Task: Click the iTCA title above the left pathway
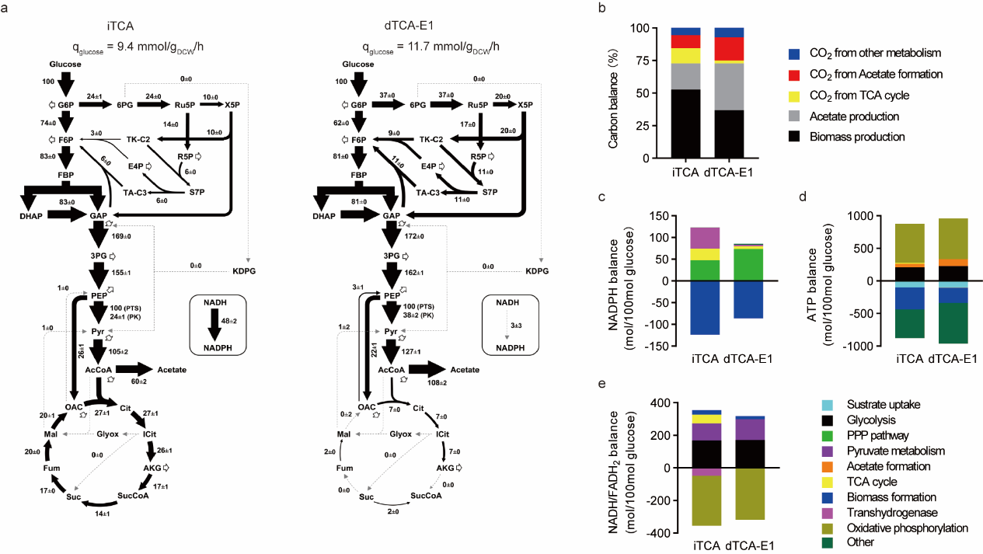tap(124, 26)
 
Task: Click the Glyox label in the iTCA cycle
tap(107, 434)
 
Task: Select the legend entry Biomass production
tap(845, 137)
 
